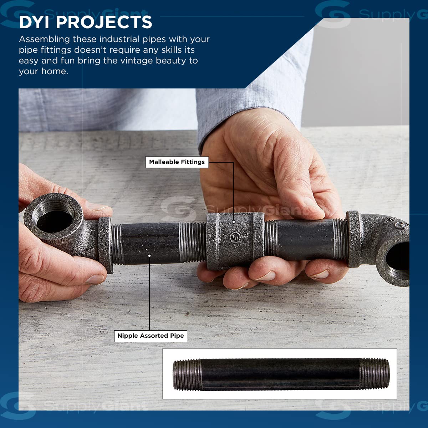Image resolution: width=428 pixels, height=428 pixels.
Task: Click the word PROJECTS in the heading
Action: (104, 22)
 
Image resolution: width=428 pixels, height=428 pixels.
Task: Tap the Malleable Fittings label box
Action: (177, 162)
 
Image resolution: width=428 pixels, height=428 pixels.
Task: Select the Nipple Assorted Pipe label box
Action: (151, 336)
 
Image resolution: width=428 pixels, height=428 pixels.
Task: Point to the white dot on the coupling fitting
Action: (233, 221)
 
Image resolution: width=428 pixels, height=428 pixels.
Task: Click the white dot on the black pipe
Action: (149, 256)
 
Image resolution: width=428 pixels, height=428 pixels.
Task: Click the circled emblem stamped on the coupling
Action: (235, 238)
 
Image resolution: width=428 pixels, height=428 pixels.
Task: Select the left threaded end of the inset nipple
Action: (187, 375)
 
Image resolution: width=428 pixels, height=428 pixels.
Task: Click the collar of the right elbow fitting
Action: (354, 239)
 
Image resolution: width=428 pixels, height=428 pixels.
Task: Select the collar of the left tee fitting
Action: (105, 245)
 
